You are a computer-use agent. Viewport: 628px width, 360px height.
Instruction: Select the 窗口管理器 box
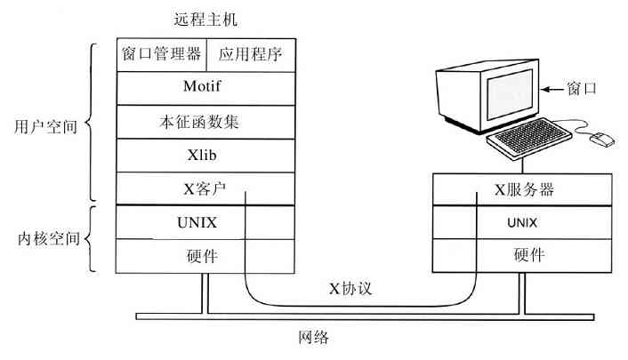161,54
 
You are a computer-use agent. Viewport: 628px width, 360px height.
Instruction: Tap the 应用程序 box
250,54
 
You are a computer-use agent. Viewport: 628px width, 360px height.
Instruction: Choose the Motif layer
205,88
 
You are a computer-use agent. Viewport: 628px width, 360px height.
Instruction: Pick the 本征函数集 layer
205,122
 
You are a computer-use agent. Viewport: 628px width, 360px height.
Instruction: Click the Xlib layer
205,156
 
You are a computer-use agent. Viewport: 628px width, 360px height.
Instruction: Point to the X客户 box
205,189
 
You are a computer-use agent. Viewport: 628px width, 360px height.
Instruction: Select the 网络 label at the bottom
315,339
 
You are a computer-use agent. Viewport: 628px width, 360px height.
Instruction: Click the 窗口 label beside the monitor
584,89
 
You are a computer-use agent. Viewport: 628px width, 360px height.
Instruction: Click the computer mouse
604,138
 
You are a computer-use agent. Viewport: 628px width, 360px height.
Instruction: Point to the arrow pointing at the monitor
556,89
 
